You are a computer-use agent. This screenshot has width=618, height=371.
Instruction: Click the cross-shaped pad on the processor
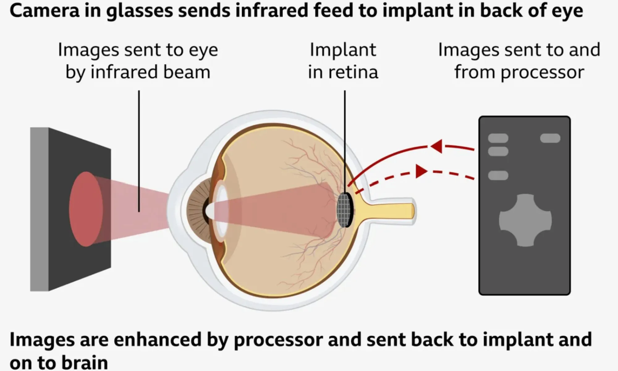coord(525,220)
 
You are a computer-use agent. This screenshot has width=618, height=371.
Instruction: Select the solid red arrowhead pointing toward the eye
coord(436,146)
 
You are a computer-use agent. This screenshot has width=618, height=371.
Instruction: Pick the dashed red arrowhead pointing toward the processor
coord(421,171)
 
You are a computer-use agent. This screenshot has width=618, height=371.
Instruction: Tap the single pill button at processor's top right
coord(550,138)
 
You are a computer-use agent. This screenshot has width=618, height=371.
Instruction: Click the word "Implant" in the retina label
coord(343,50)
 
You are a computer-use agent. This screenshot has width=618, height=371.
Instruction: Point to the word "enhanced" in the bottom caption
coord(157,339)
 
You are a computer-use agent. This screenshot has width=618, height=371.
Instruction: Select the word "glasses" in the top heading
coord(140,11)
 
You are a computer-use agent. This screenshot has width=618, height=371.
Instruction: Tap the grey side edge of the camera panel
coord(39,209)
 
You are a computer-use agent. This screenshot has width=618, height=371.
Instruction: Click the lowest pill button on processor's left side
coord(498,175)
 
